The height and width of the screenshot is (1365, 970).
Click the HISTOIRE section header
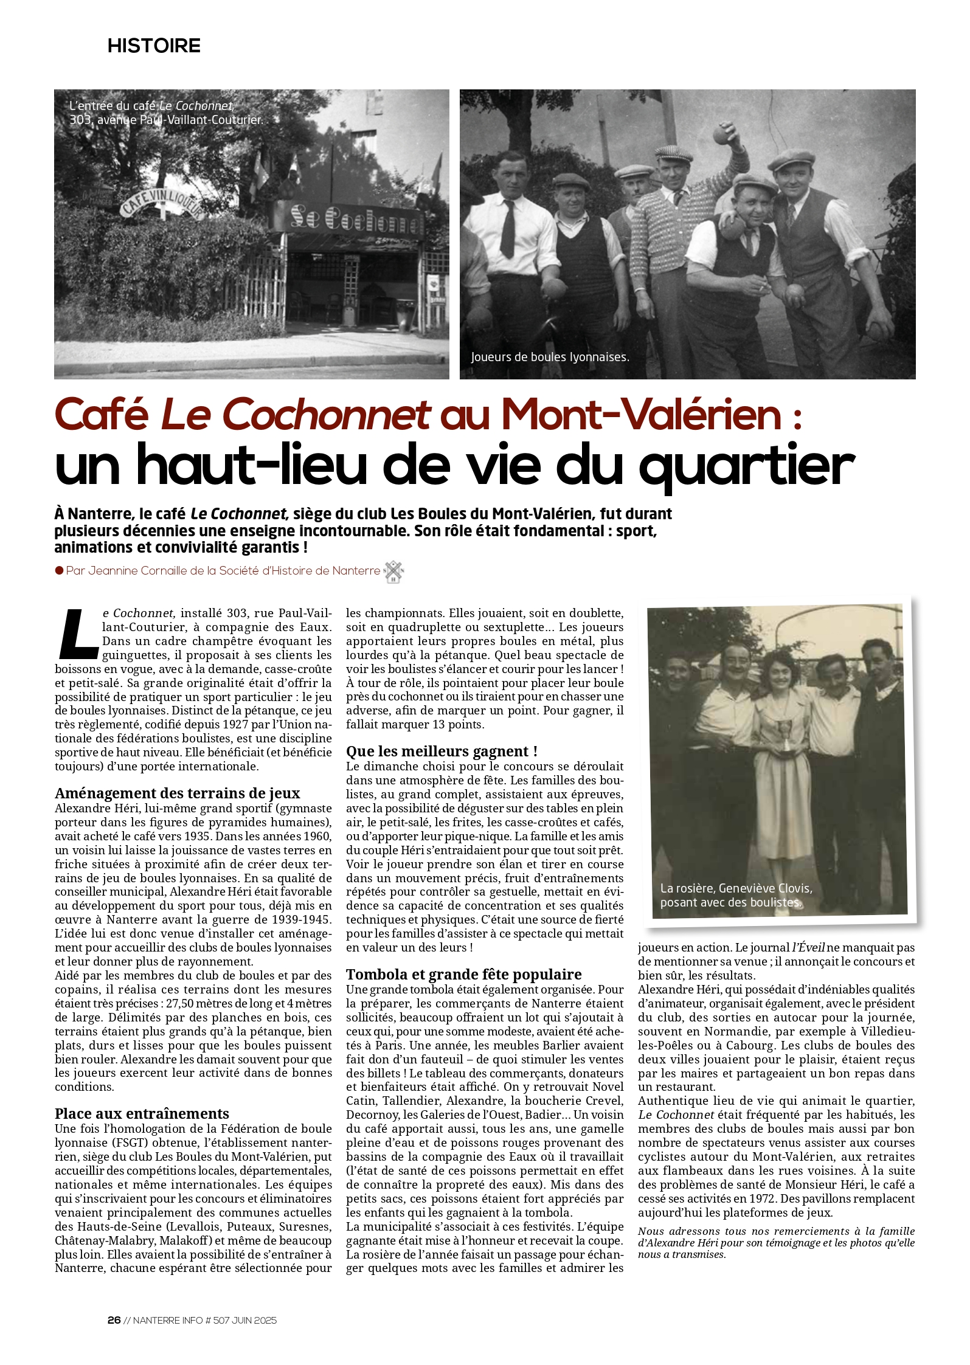coord(154,46)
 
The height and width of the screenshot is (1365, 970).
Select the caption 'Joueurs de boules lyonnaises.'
coord(550,357)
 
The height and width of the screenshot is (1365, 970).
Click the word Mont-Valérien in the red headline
coord(641,415)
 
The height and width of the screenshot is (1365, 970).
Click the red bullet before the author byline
coord(60,570)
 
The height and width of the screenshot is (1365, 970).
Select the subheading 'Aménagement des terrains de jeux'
coord(177,793)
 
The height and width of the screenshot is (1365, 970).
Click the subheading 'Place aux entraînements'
coord(142,1113)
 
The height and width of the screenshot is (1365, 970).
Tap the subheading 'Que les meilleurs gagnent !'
coord(442,751)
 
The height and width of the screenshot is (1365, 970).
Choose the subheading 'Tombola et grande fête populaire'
coord(464,974)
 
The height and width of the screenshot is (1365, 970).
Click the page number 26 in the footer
coord(114,1320)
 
